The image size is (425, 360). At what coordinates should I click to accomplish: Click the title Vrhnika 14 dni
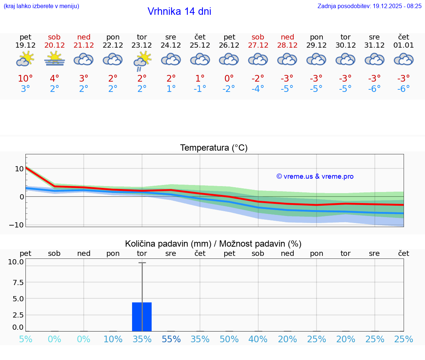click(x=179, y=11)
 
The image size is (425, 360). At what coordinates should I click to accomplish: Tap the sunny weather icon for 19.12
click(x=25, y=59)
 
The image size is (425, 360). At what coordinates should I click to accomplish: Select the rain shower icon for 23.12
click(x=142, y=61)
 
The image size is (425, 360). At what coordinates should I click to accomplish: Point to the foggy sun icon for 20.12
click(x=55, y=59)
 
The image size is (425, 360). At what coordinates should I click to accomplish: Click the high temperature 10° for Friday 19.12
click(x=25, y=78)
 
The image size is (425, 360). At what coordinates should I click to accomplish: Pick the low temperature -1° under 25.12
click(x=200, y=89)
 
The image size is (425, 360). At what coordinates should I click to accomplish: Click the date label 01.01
click(x=404, y=45)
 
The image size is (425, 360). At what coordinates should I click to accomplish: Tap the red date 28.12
click(x=287, y=45)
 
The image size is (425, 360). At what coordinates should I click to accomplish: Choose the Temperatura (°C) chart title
click(x=214, y=148)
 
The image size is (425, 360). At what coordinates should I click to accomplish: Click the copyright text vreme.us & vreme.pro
click(x=315, y=176)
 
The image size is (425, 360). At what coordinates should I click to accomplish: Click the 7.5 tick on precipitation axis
click(x=15, y=282)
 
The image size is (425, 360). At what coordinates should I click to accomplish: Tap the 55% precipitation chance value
click(x=171, y=339)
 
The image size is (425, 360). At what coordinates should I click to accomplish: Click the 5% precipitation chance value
click(x=25, y=339)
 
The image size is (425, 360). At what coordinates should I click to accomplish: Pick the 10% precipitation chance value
click(x=113, y=339)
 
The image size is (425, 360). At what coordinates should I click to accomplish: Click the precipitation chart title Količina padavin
click(x=213, y=244)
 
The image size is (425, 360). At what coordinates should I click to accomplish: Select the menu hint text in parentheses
click(x=41, y=6)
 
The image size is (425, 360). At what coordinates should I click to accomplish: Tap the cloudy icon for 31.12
click(x=374, y=59)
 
